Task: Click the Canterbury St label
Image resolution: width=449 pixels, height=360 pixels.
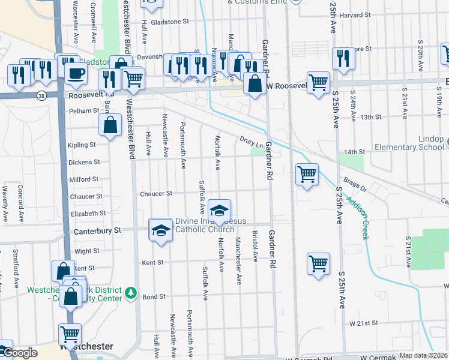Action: click(x=97, y=230)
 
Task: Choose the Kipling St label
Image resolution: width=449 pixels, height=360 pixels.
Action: click(x=82, y=145)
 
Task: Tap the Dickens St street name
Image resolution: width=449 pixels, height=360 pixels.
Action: click(x=84, y=162)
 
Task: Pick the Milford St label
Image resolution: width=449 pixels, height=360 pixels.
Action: click(x=84, y=179)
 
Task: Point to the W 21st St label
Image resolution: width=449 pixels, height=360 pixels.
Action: click(x=364, y=323)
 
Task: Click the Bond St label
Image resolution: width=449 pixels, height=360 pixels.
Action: click(x=154, y=296)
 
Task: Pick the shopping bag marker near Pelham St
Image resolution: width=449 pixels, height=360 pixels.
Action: click(x=110, y=126)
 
